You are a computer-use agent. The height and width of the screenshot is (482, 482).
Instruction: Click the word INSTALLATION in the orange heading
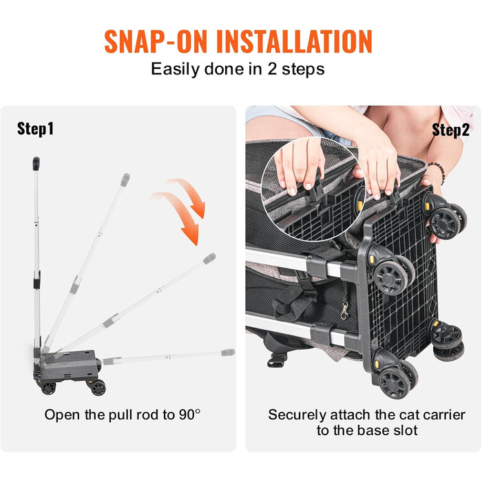pos(295,42)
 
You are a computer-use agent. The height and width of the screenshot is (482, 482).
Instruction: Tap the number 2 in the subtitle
pos(272,69)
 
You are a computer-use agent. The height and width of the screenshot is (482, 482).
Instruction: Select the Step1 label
pos(35,129)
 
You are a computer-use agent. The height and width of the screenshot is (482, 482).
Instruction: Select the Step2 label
pos(450,130)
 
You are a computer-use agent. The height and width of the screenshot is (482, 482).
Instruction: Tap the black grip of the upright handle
pos(36,164)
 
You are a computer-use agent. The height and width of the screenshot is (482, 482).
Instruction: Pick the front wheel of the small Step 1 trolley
pos(98,388)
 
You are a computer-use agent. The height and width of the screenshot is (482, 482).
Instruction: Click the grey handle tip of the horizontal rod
pos(228,353)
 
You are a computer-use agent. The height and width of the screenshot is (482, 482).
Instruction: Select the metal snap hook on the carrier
pos(345,310)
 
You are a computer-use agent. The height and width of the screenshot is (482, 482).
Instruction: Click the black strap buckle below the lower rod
pos(277,359)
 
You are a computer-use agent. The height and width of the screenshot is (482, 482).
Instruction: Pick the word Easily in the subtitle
pos(175,70)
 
